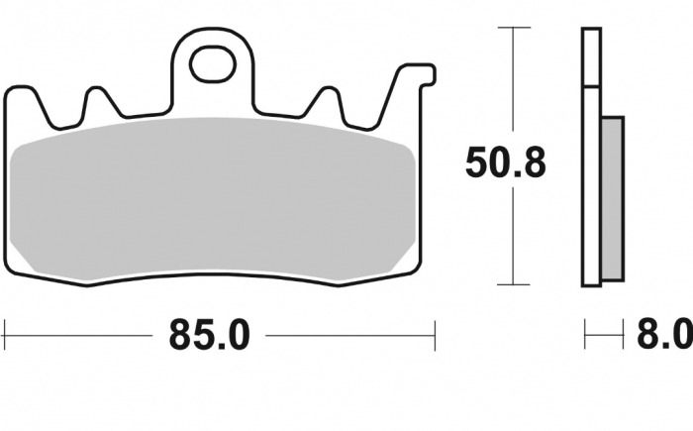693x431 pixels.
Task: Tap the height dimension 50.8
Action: (505, 162)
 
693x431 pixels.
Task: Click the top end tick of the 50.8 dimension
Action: (512, 29)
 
